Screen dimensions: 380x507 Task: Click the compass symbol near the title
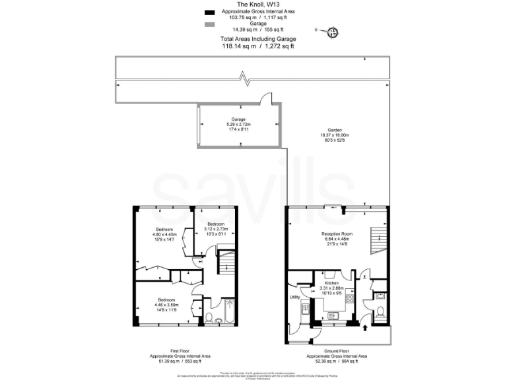click(333, 30)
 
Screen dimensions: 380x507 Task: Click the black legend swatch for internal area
click(210, 13)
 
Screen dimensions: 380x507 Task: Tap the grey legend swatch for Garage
click(210, 24)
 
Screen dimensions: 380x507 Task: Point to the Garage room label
click(238, 119)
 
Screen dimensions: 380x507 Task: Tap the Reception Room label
click(337, 234)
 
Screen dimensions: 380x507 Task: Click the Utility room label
click(294, 298)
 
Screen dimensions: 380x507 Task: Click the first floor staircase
click(226, 263)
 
